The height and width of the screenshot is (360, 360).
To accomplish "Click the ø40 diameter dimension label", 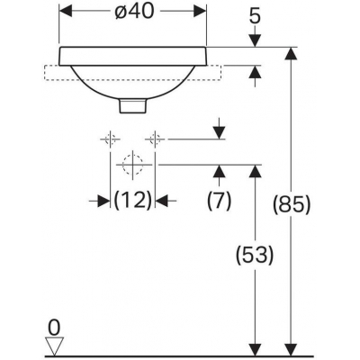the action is tap(134, 12).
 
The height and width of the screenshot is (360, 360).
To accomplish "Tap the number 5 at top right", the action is tap(255, 17).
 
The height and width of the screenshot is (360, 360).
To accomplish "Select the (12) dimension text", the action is tap(132, 201).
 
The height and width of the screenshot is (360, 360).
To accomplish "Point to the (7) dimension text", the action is tap(220, 201).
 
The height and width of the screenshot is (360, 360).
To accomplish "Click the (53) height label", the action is tap(255, 255).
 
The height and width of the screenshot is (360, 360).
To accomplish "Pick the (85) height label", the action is tap(291, 205).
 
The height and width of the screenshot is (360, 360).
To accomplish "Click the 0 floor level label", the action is tap(54, 328).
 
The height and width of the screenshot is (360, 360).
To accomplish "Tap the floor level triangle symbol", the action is tap(54, 346).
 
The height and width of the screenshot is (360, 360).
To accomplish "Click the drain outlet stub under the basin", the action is tap(133, 106).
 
